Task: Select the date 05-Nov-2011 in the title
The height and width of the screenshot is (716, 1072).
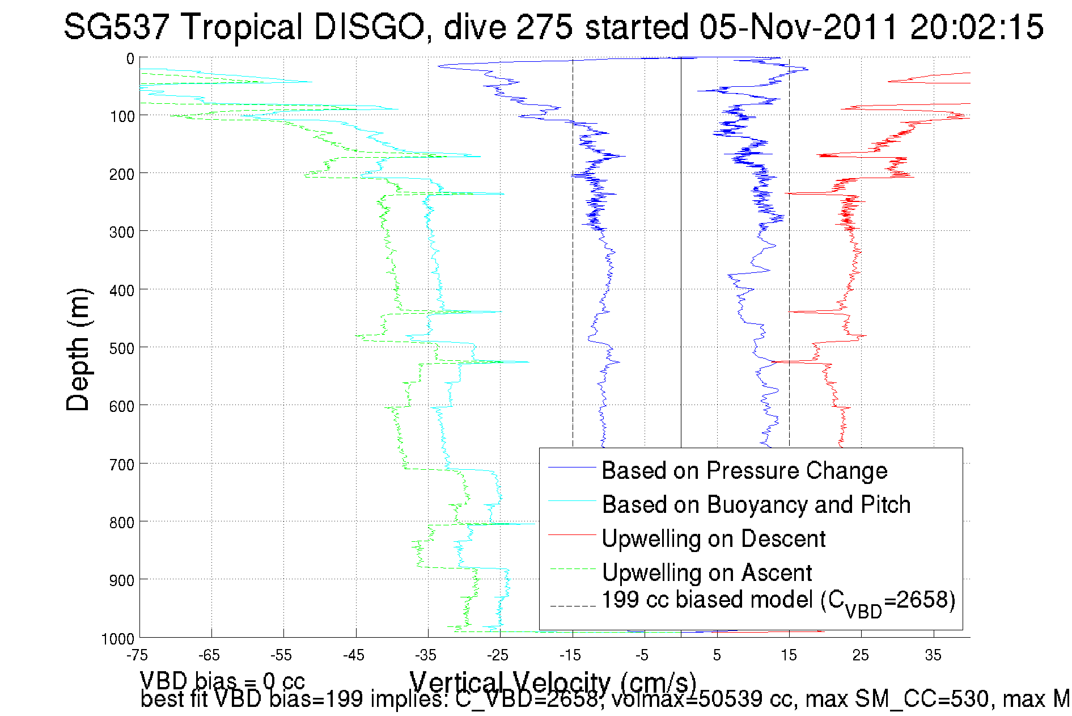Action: click(798, 27)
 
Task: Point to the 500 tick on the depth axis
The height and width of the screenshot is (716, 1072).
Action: click(122, 348)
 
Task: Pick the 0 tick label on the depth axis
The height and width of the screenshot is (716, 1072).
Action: click(130, 59)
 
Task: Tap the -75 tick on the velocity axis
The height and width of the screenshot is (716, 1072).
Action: click(137, 655)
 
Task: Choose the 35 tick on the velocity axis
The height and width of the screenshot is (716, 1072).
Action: click(933, 655)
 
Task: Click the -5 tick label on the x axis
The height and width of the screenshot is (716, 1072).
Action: click(642, 655)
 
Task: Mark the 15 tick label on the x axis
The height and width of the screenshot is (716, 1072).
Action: click(789, 655)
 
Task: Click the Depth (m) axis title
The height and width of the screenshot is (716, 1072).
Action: click(78, 349)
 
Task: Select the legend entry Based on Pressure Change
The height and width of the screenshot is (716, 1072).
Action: click(744, 471)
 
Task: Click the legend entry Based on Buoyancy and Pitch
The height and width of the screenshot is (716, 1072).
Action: click(756, 505)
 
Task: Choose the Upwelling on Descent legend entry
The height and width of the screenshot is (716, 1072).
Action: click(713, 539)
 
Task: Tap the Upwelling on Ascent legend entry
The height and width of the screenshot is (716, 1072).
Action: click(706, 573)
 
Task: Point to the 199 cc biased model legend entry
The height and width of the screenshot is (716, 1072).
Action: click(778, 601)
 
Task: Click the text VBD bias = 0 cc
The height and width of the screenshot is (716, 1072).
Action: click(222, 680)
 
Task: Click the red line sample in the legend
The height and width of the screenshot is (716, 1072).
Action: click(572, 534)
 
